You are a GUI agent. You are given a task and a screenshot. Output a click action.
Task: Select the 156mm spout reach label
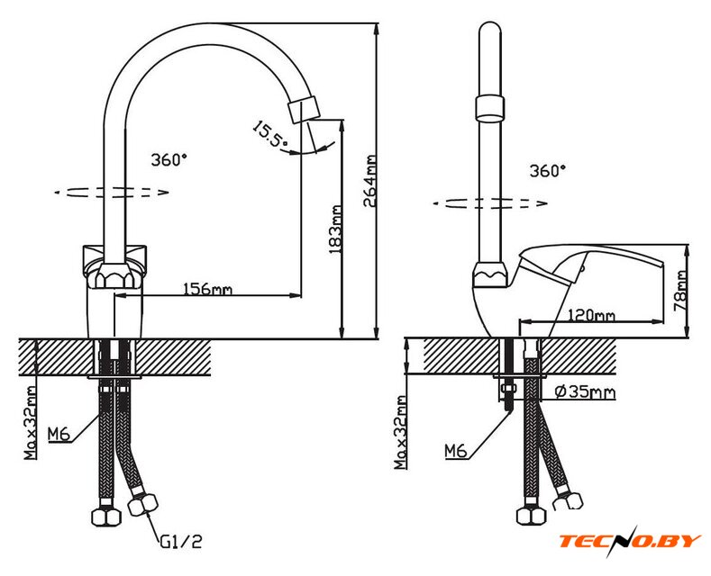[x=208, y=288]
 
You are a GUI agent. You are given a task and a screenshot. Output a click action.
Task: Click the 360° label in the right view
[x=548, y=169]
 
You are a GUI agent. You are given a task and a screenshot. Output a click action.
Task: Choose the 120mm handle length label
[x=591, y=315]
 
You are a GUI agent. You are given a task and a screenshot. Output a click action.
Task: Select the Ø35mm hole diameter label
[x=586, y=391]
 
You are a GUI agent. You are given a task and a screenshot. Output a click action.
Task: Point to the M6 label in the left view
[x=59, y=436]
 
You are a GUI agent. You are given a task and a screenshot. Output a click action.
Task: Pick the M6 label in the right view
[x=456, y=450]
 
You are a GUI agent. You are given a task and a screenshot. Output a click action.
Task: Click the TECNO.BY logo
[x=629, y=540]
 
